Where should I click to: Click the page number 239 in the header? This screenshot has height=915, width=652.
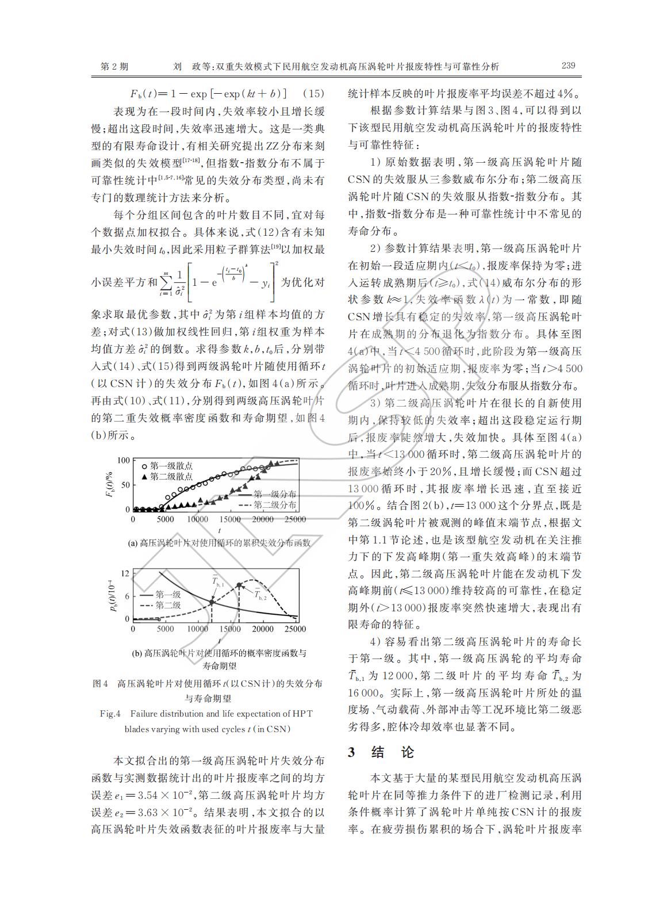567,66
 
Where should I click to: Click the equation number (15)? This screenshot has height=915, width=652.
313,94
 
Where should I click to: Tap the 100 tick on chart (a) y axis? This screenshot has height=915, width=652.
124,460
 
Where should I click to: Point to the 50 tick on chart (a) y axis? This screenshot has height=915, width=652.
126,485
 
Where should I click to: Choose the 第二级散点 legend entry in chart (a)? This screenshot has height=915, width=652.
171,476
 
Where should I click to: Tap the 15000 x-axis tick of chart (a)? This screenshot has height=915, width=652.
231,520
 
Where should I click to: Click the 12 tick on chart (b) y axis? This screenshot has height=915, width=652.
125,573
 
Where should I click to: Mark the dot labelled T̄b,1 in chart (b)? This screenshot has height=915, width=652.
212,602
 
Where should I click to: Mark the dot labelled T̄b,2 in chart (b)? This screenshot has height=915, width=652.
239,585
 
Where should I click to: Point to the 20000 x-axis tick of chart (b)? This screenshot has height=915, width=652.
263,629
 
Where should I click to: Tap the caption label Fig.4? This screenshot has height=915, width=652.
110,714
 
